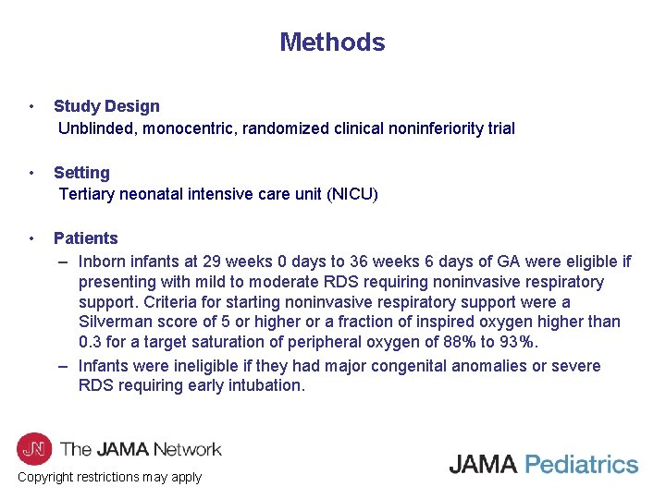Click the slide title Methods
tap(332, 43)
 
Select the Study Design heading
tap(106, 106)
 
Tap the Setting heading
tap(81, 173)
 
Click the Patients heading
tap(86, 238)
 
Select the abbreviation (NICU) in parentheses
tap(350, 194)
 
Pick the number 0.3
tap(90, 343)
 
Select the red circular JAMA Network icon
tap(34, 449)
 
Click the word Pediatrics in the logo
tap(581, 464)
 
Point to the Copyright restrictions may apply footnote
tap(109, 478)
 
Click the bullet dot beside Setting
tap(32, 173)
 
